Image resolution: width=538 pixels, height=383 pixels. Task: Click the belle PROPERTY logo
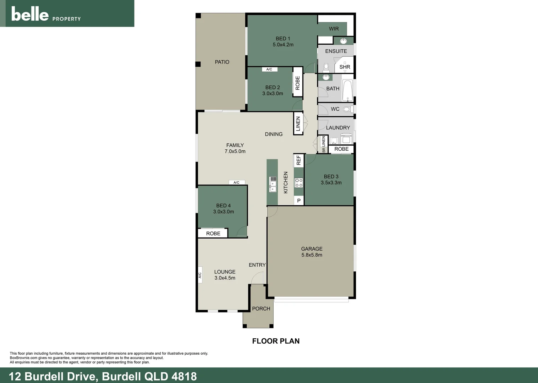tap(46, 14)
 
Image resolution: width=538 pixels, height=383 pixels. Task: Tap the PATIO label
tap(222, 62)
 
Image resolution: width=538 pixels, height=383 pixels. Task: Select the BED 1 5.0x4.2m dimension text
tap(283, 45)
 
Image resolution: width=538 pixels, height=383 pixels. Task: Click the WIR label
tap(334, 29)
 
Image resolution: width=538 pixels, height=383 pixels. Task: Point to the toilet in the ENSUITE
tap(326, 67)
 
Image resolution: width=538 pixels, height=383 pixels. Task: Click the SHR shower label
tap(345, 67)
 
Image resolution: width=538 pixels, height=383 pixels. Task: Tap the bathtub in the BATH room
tap(347, 90)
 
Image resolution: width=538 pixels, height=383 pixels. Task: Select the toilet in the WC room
tap(347, 109)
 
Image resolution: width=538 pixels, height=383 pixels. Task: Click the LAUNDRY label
tap(338, 128)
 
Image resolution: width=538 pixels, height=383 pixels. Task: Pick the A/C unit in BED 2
tap(269, 70)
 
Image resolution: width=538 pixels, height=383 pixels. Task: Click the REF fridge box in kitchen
tap(298, 160)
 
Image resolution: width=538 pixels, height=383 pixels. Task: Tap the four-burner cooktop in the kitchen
tap(299, 183)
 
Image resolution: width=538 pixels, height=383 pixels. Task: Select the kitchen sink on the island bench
tap(273, 184)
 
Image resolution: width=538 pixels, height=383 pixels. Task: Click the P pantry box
tap(299, 201)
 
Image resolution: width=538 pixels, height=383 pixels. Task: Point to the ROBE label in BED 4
tap(213, 233)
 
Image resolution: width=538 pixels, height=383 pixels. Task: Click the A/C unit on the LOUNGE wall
tap(200, 275)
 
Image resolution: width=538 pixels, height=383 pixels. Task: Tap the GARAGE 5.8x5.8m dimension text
tap(312, 255)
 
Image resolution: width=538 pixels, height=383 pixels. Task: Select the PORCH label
tap(261, 309)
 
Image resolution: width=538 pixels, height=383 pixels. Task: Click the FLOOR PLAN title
tap(276, 341)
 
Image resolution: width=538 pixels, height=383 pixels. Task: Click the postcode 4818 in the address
tap(184, 376)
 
